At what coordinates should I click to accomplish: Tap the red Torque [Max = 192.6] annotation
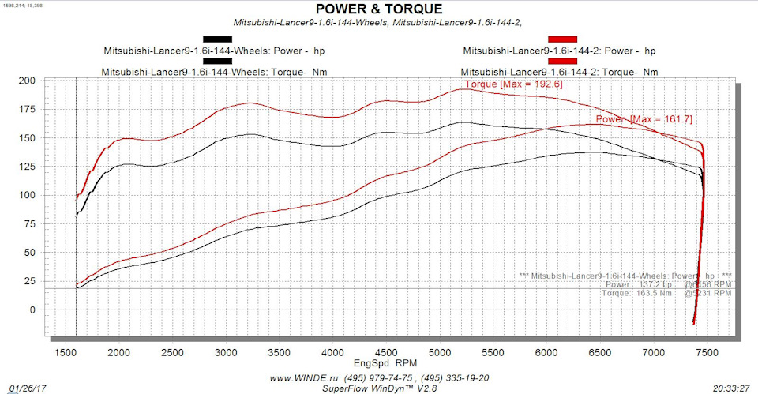(x=501, y=84)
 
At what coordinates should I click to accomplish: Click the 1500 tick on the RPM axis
(x=65, y=352)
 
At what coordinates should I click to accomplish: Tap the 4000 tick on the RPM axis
(x=332, y=352)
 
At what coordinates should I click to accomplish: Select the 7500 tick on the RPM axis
(x=707, y=352)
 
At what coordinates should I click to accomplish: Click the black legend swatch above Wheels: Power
(x=217, y=39)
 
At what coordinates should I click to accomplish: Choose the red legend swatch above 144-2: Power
(x=562, y=39)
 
